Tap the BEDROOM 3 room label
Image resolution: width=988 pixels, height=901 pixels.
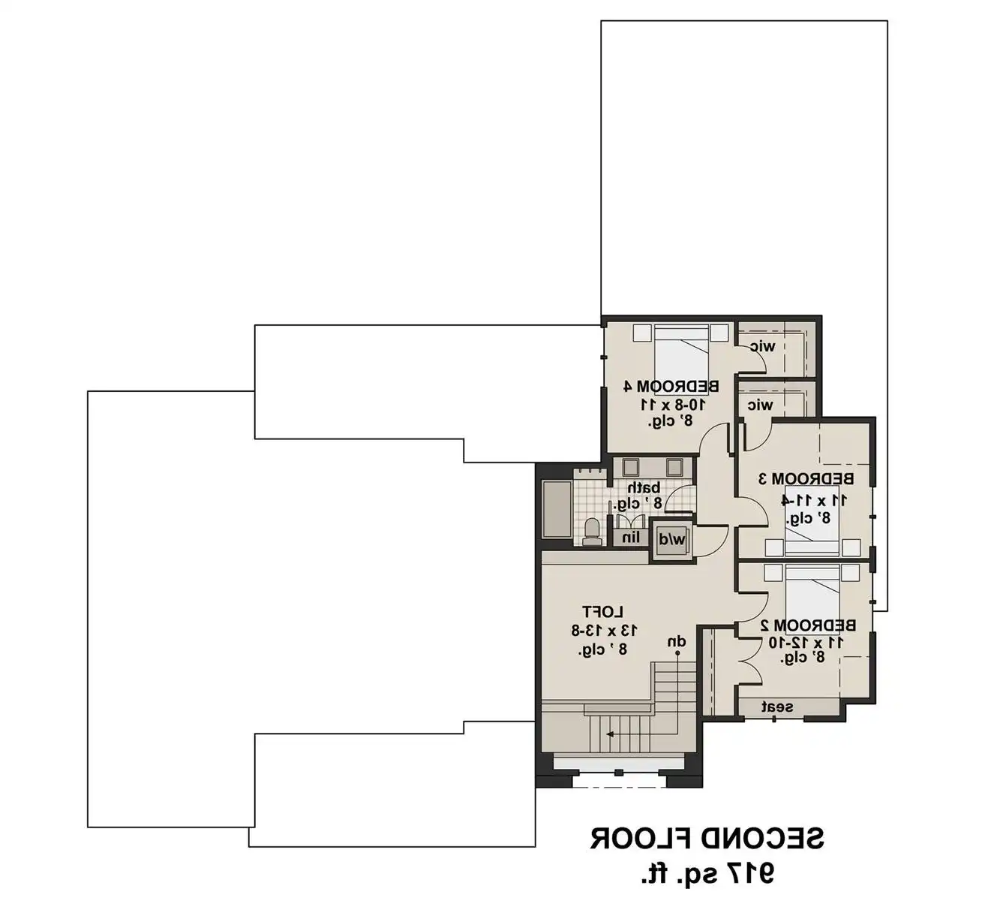pos(806,478)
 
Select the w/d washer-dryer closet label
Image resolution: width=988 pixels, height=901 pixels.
pos(672,539)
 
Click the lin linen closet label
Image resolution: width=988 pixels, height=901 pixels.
pos(631,538)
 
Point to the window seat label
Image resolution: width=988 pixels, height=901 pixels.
pos(777,707)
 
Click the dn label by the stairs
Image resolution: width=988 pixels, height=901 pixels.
pos(677,642)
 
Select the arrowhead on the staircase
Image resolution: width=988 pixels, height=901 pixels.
pos(609,734)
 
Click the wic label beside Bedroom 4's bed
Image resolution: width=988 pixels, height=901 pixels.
pos(763,347)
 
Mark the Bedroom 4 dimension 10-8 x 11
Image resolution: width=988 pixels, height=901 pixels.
pos(672,405)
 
